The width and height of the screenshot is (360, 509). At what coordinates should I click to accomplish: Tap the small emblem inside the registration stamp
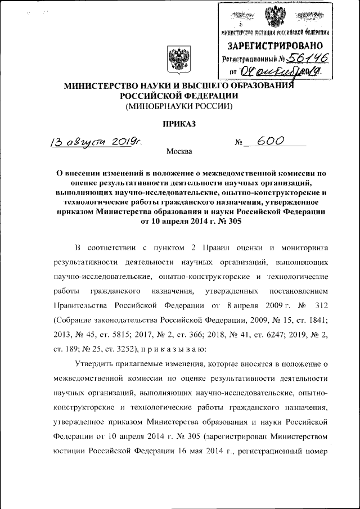pyautogui.click(x=275, y=15)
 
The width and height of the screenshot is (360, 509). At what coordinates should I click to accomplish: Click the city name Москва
pyautogui.click(x=179, y=151)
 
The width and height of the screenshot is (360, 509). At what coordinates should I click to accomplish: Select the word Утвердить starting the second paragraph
pyautogui.click(x=93, y=364)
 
